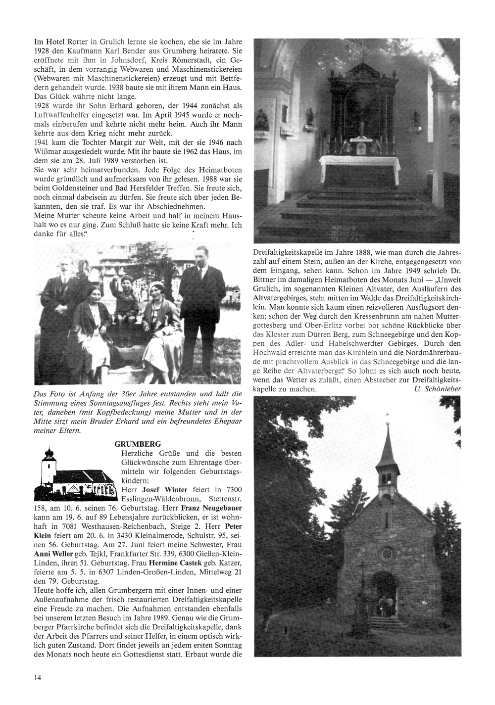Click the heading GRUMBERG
138,444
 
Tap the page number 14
37,678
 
